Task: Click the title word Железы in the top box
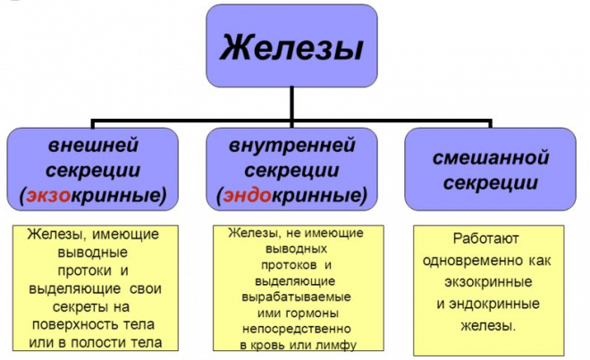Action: [x=291, y=47]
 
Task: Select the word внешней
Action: [x=93, y=146]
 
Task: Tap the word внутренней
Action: [x=292, y=146]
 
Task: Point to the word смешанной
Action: [x=490, y=157]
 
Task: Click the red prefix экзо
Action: [x=48, y=196]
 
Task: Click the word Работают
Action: [x=485, y=239]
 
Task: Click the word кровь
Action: [x=265, y=345]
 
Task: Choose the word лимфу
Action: [x=338, y=345]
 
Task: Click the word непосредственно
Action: [x=297, y=329]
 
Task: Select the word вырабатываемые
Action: [x=296, y=297]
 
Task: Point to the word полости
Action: [x=99, y=342]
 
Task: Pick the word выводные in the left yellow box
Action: [x=93, y=252]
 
